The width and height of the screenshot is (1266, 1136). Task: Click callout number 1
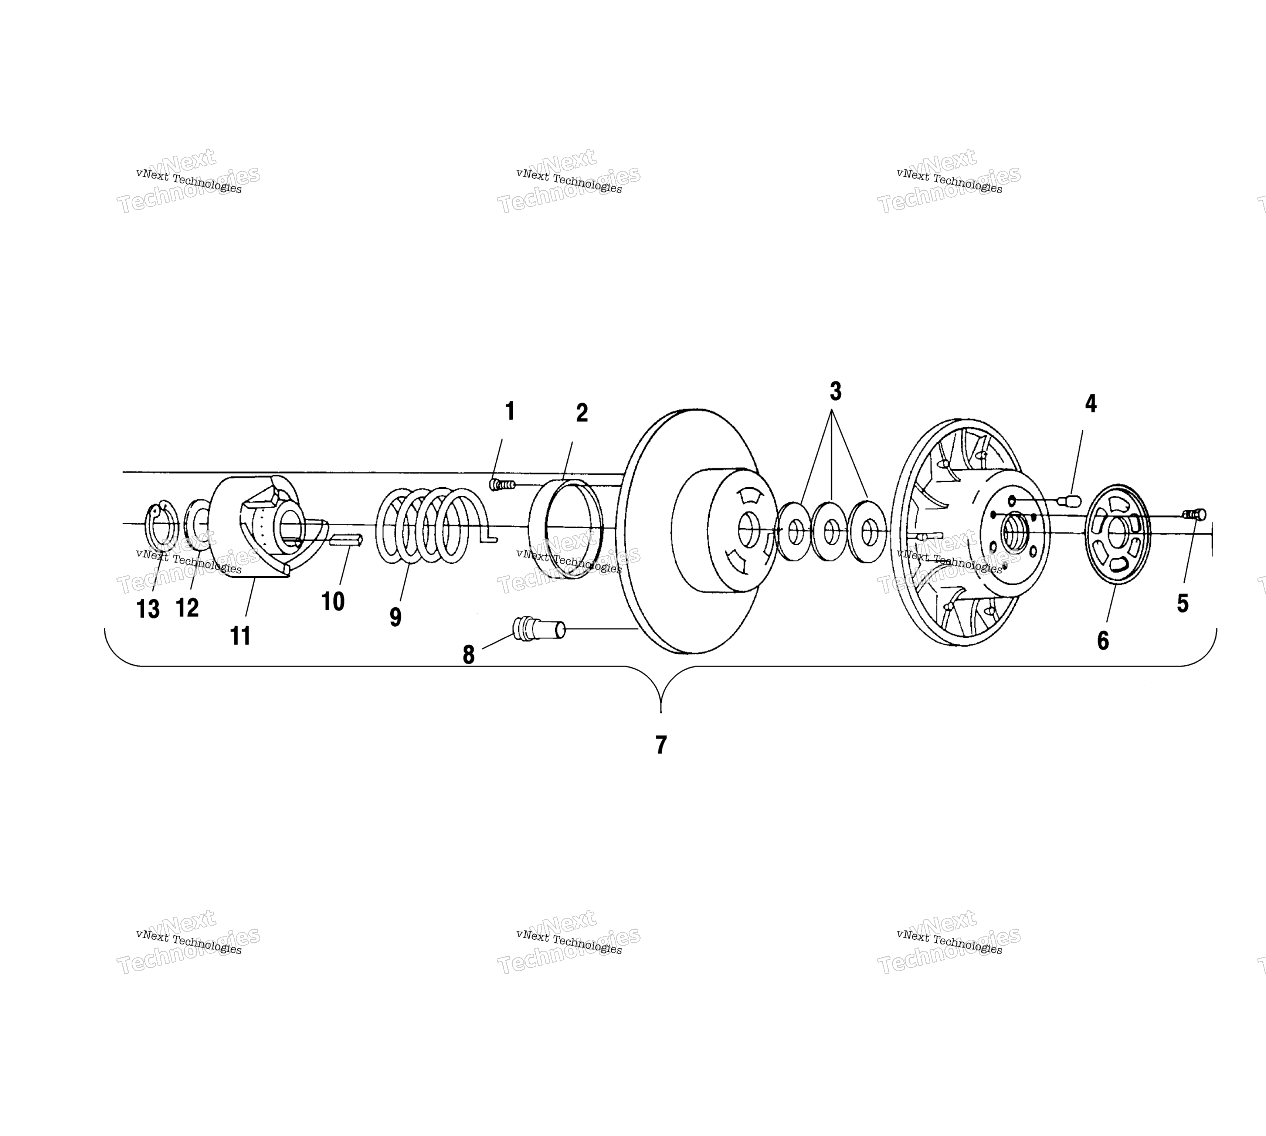coord(510,411)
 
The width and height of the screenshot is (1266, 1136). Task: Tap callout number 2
coord(581,413)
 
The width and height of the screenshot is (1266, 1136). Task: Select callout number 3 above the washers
coord(835,391)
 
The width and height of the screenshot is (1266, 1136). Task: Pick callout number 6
coord(1103,640)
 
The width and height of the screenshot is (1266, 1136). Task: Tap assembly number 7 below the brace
coord(661,745)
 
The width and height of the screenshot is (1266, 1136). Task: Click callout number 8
coord(469,655)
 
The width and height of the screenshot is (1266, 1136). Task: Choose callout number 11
coord(240,636)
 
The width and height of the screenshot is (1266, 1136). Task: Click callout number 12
coord(187,607)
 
